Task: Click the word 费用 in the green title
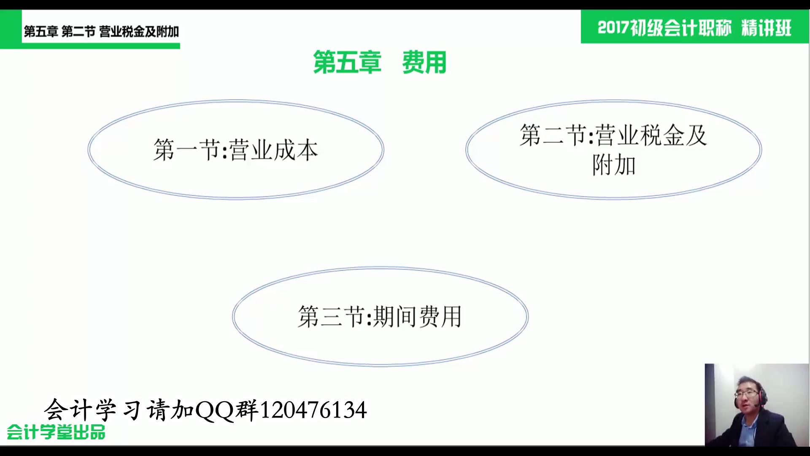(424, 62)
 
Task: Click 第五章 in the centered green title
(347, 62)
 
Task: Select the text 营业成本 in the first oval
(274, 150)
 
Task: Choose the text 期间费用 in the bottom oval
(417, 317)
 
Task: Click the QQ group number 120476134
(313, 410)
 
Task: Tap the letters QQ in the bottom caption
(215, 410)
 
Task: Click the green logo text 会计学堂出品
(56, 432)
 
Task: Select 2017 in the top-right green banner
(613, 28)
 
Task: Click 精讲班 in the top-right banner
(766, 28)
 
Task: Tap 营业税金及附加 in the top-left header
(139, 32)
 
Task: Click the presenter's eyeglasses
(746, 394)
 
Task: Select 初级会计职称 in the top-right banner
(680, 28)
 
